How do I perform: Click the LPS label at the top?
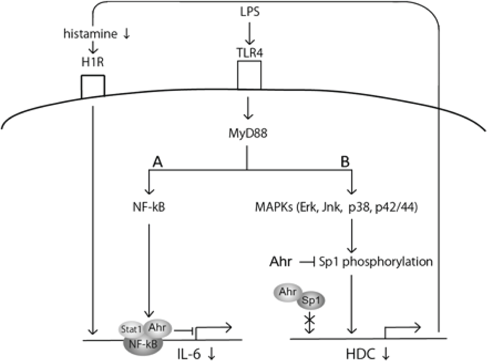click(x=249, y=12)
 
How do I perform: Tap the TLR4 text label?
click(x=249, y=52)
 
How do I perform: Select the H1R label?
click(x=93, y=61)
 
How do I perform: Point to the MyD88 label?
click(x=248, y=133)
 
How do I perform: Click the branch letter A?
click(x=157, y=162)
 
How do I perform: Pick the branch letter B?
click(x=345, y=162)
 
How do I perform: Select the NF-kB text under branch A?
click(x=149, y=207)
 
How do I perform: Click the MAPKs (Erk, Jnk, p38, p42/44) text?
click(x=336, y=207)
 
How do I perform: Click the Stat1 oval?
click(x=131, y=330)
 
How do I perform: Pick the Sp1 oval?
click(x=311, y=301)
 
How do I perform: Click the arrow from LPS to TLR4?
click(x=249, y=32)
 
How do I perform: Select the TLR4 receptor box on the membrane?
click(x=249, y=75)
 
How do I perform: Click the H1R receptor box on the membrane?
click(x=93, y=86)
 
